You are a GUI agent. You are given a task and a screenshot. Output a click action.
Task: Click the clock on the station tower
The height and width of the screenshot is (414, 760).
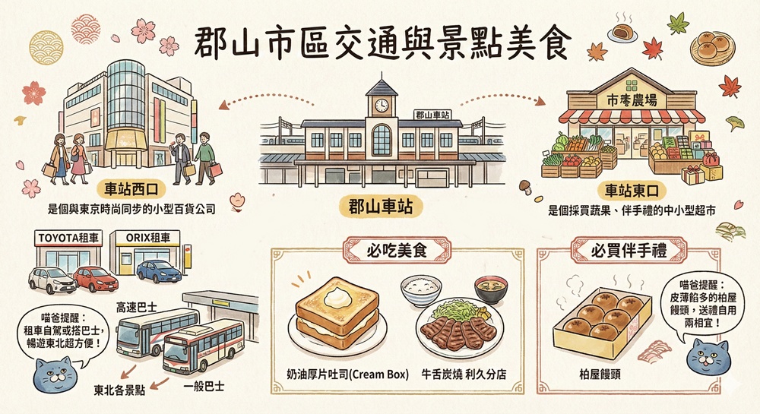click(x=381, y=105)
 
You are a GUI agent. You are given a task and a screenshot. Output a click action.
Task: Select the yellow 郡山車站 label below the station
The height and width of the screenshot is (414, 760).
click(x=380, y=204)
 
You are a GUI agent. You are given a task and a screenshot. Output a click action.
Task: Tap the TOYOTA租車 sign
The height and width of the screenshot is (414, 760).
click(x=68, y=238)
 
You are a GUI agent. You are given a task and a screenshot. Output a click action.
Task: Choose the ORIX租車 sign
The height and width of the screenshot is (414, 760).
click(x=148, y=238)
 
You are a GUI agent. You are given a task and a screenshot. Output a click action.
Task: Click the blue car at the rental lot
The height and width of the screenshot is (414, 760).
click(x=159, y=271)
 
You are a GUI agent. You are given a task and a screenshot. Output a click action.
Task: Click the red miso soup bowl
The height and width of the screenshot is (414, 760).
click(x=492, y=289)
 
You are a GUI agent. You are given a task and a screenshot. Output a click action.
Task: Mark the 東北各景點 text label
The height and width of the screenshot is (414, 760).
click(x=120, y=391)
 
